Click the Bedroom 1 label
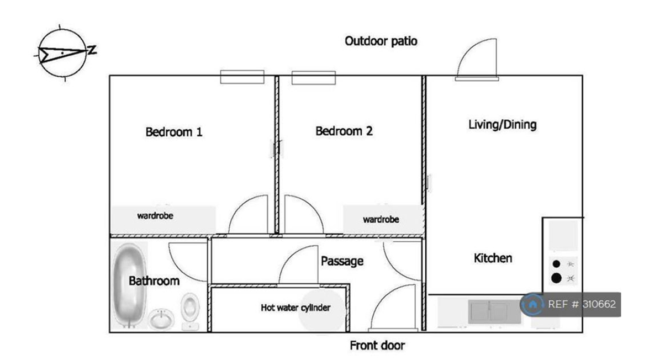(173, 132)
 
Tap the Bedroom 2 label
(344, 131)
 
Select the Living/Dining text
(502, 124)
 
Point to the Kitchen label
(493, 258)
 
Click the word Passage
(342, 261)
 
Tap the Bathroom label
(154, 281)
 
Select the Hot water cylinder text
(295, 308)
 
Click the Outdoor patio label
(381, 41)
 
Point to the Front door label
(377, 346)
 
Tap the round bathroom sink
(161, 319)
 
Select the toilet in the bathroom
(191, 309)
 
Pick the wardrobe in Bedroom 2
(381, 219)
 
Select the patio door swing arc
(477, 57)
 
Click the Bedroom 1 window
(242, 77)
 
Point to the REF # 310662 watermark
(572, 304)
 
